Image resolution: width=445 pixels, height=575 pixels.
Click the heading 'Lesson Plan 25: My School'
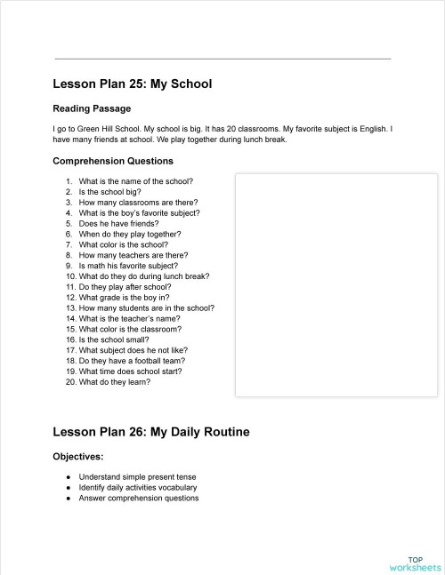coord(132,84)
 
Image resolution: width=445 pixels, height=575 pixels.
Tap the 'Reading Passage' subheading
coord(92,108)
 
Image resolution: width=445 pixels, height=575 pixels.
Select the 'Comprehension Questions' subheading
coord(113,161)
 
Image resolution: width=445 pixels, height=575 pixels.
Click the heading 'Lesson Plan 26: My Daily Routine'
coord(150,432)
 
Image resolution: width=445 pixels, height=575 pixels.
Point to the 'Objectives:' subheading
coord(78,456)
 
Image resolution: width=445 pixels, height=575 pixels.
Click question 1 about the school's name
coord(135,181)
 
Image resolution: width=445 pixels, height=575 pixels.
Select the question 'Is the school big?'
coord(109,192)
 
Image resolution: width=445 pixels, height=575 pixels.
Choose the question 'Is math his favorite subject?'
coord(128,266)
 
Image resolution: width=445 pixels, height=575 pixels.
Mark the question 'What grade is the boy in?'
coord(125,298)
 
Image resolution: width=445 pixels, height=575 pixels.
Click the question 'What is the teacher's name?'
coord(129,318)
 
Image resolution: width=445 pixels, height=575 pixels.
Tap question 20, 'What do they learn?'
coord(115,382)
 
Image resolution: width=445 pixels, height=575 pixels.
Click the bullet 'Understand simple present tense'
coord(137,476)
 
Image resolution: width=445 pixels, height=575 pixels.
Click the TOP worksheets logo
coord(415,563)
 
